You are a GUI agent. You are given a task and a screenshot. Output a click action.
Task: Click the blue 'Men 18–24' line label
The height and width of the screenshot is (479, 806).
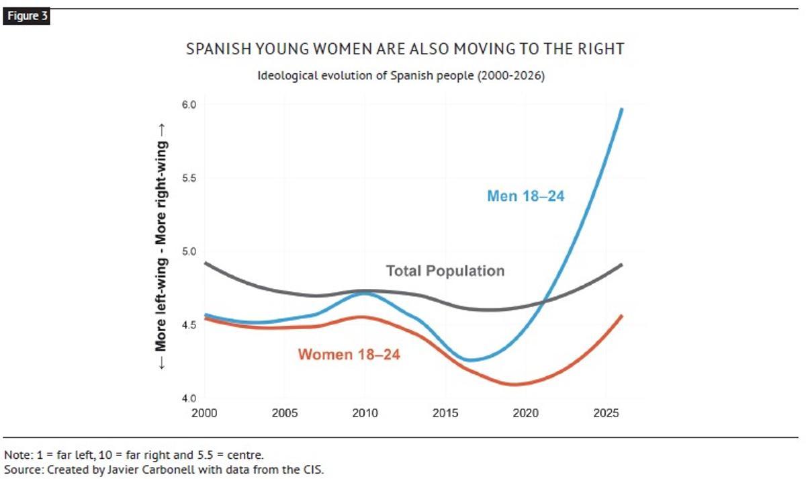(526, 196)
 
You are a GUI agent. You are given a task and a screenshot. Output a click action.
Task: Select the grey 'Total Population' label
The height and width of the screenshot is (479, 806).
(445, 271)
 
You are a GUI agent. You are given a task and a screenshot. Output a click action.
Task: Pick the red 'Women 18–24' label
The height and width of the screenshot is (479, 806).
(349, 355)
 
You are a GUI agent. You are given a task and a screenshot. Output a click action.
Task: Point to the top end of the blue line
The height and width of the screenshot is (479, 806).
(622, 109)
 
